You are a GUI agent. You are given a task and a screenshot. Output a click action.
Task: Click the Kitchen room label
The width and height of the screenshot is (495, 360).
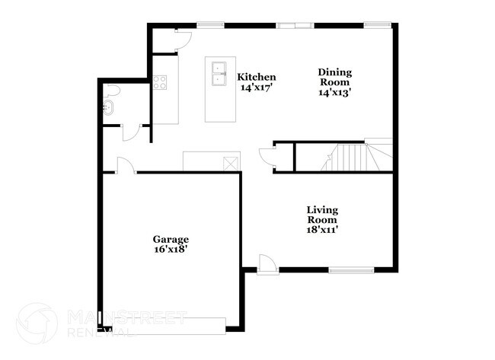256,77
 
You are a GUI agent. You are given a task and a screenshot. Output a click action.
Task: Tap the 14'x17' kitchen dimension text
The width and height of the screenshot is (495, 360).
256,88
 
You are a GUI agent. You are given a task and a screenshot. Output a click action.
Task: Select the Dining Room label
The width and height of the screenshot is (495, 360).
334,78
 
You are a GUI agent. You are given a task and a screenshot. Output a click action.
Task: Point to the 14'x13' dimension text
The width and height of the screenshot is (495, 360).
334,93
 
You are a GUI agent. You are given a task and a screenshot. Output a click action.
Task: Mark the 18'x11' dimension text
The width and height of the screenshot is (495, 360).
322,228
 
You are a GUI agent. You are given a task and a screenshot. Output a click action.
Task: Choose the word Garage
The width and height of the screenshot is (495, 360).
170,239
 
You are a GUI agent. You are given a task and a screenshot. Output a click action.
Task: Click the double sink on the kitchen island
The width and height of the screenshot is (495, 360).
219,74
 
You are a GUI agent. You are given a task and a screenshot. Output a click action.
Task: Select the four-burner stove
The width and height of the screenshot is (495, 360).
160,82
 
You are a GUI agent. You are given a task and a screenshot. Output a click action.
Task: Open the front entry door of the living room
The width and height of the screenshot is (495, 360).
267,264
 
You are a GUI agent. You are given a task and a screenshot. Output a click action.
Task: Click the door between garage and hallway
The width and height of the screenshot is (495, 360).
126,165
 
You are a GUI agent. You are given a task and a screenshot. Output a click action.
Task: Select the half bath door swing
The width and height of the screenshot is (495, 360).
130,132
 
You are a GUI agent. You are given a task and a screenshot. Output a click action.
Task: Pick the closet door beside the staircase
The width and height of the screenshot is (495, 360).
267,156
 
